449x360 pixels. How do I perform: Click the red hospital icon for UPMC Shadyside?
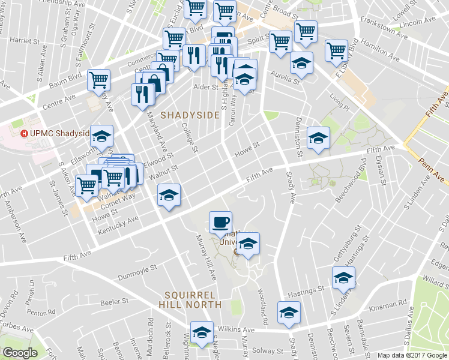click(25, 133)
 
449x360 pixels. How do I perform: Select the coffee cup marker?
click(220, 222)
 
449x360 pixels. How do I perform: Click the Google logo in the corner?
click(20, 353)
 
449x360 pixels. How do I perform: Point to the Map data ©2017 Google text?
click(412, 355)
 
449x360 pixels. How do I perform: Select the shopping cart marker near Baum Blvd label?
click(98, 80)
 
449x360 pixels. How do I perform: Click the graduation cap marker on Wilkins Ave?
click(202, 331)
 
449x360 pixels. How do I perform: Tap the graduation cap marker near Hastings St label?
click(343, 277)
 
